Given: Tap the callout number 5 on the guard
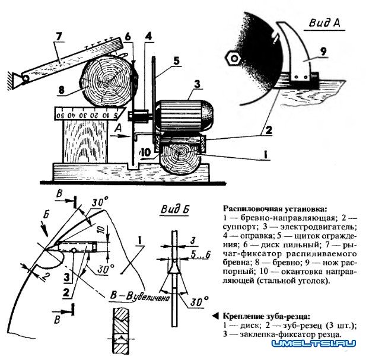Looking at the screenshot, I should (x=177, y=59).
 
